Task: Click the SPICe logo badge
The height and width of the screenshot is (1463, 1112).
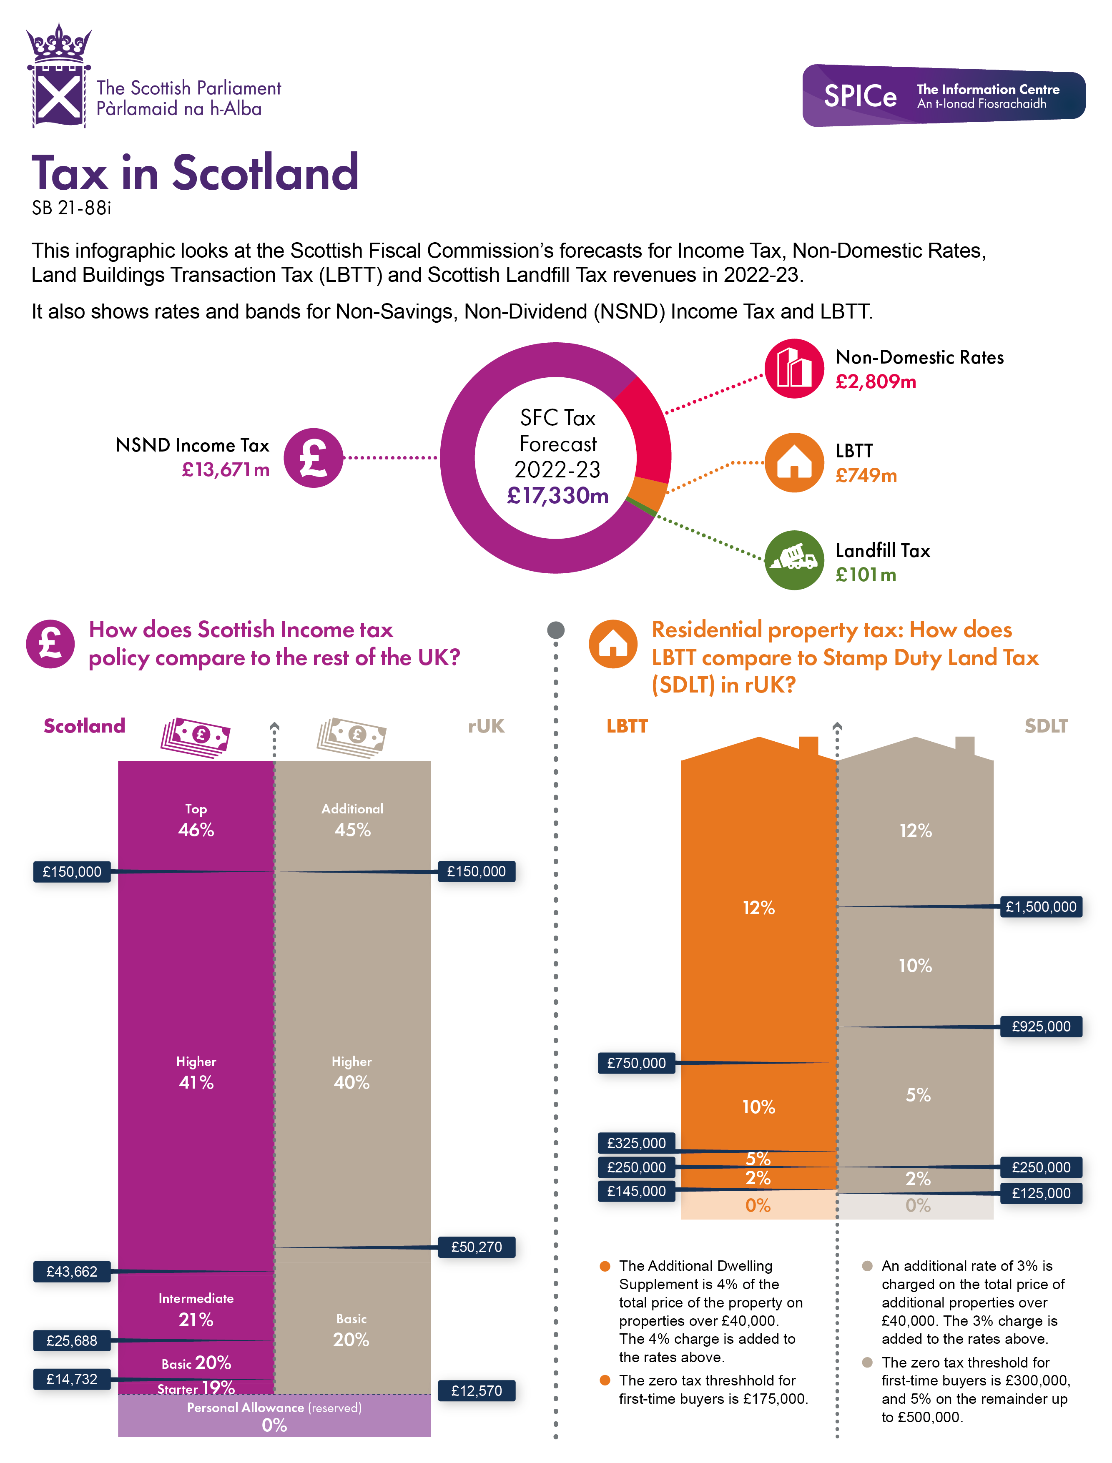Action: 943,95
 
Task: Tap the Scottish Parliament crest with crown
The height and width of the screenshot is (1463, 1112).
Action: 58,76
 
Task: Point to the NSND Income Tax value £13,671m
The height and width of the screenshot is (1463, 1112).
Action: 226,470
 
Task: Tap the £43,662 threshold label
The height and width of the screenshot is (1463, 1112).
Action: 71,1271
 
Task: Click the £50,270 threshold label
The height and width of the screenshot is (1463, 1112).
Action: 477,1247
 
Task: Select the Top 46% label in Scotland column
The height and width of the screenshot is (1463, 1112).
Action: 196,821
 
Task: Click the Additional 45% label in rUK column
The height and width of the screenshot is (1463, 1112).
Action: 352,821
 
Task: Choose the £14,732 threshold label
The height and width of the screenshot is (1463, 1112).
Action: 71,1379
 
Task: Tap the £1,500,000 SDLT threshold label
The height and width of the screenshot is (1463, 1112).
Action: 1041,906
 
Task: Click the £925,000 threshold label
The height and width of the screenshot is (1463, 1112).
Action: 1041,1026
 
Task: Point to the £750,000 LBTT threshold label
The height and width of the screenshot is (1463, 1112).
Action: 636,1063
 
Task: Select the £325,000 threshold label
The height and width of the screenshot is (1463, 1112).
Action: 636,1143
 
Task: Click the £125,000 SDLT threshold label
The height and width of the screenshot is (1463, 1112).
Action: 1041,1193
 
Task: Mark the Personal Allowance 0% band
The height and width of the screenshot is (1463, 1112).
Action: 274,1416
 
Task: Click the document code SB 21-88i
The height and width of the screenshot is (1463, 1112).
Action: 71,208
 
